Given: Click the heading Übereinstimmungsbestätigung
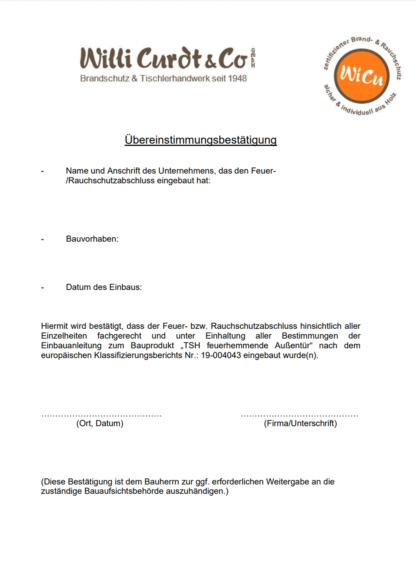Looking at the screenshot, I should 201,140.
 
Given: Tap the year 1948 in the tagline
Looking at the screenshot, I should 237,79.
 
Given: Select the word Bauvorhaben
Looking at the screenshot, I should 92,239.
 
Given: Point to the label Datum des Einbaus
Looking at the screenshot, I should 104,287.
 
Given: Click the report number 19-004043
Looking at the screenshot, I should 221,355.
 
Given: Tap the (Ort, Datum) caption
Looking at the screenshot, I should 100,423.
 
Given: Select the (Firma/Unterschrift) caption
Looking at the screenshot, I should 300,423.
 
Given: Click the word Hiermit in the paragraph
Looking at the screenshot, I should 54,326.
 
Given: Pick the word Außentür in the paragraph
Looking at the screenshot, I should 293,346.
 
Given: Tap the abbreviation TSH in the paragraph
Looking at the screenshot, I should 191,346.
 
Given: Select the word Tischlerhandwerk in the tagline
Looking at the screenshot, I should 175,79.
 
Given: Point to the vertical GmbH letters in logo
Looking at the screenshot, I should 253,58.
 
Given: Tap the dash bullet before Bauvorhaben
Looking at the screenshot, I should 42,239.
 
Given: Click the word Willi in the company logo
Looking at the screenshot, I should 106,58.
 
